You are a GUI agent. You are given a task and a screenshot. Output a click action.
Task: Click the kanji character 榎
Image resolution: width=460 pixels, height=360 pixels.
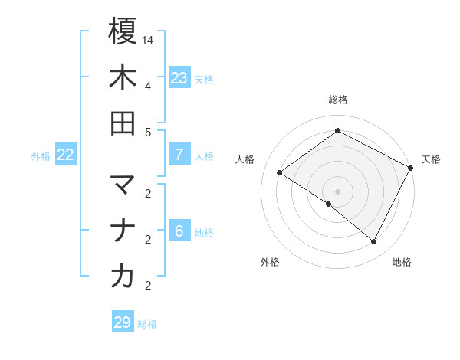pos(123,31)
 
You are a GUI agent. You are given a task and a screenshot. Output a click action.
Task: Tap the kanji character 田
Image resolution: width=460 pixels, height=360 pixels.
pos(123,123)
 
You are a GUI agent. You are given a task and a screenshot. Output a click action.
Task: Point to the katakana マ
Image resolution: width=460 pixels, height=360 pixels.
pos(123,185)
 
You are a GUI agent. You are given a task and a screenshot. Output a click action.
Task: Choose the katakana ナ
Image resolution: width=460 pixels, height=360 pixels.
pos(123,231)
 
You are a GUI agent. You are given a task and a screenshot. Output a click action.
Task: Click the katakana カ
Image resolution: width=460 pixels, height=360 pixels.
pos(123,277)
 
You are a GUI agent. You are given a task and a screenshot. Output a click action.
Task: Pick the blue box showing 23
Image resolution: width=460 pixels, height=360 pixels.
pos(179,77)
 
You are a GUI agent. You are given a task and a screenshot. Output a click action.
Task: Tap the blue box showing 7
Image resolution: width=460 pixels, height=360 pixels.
pos(179,155)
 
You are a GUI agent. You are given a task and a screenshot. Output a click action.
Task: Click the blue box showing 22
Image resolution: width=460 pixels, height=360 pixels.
pos(66,155)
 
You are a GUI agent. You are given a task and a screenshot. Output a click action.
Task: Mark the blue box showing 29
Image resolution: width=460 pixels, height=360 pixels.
pos(123,322)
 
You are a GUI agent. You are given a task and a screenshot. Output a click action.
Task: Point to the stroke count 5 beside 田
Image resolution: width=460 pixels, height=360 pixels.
pos(148,132)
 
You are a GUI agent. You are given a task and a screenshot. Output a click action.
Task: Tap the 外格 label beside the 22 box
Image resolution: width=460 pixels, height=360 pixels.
pos(41,155)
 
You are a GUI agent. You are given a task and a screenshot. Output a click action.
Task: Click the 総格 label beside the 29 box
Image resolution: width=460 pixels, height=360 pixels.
pos(148,324)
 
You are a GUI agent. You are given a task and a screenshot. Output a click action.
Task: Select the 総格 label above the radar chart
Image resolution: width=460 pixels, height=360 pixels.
pos(338,100)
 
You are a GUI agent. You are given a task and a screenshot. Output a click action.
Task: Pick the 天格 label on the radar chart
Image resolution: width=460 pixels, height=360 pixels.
pos(431,159)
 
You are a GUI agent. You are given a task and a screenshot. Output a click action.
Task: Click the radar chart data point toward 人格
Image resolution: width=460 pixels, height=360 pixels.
pos(279,172)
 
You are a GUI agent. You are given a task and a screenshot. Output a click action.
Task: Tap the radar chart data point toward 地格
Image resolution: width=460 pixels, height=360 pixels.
pos(374,242)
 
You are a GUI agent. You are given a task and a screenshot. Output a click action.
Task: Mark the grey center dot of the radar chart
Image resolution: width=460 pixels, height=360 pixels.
pos(337,191)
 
